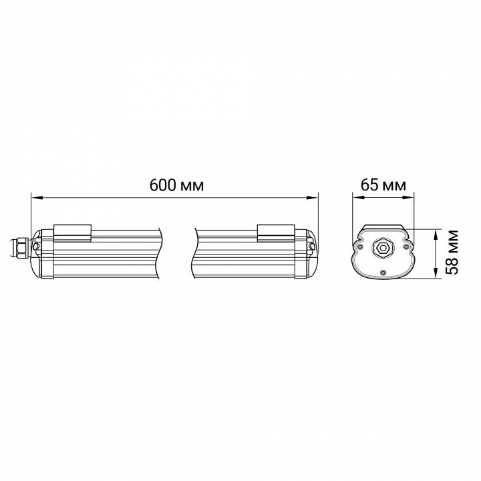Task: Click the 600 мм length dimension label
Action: coord(176,185)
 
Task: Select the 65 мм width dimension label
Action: coord(383,185)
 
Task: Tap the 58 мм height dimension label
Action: coord(452,252)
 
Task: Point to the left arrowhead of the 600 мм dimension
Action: coord(37,198)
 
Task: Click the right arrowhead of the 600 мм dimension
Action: coord(313,198)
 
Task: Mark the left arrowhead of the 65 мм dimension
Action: coord(357,198)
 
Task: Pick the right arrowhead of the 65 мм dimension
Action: coord(409,198)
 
